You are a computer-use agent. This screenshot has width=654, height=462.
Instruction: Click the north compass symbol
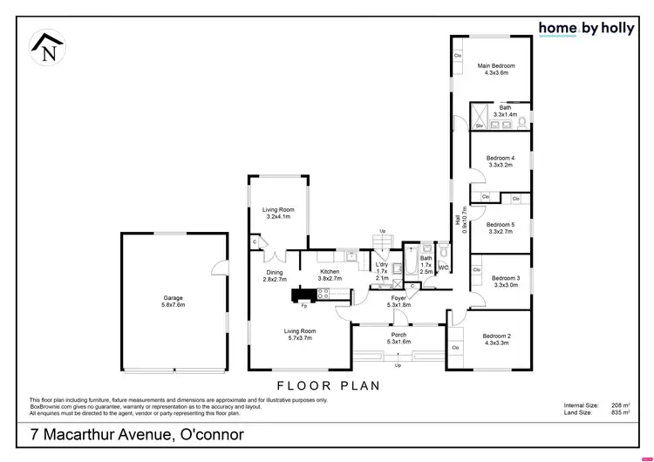[48, 48]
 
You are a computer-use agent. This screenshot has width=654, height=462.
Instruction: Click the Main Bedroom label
[495, 70]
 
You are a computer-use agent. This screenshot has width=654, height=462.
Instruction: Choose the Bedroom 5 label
[501, 228]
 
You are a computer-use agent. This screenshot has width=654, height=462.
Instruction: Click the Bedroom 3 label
[506, 281]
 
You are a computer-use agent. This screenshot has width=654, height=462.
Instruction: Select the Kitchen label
[330, 275]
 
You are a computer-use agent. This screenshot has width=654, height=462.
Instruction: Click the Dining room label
[275, 275]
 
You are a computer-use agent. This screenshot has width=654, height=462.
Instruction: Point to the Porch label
[399, 338]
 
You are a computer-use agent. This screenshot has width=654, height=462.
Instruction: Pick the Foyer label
[399, 301]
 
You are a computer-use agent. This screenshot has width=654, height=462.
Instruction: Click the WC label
[443, 268]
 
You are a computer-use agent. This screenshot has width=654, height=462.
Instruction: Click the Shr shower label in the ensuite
[479, 125]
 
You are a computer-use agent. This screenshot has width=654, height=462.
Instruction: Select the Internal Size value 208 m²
[621, 405]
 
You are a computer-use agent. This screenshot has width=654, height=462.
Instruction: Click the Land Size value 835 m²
[621, 412]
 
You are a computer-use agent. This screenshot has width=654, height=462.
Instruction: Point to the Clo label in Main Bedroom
[458, 57]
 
